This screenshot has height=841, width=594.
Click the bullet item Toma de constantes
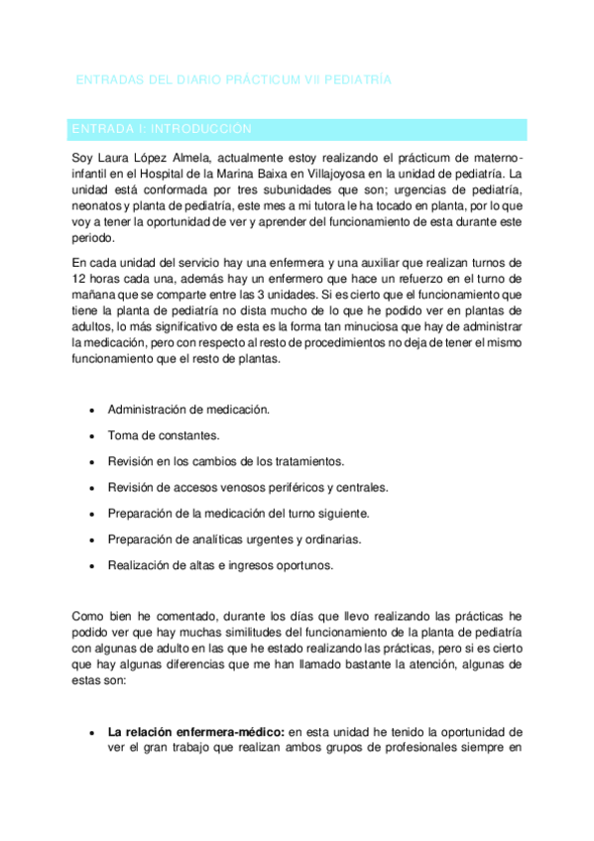pyautogui.click(x=164, y=434)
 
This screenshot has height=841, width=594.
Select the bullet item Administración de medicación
pyautogui.click(x=188, y=409)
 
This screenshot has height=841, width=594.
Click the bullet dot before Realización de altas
pyautogui.click(x=92, y=566)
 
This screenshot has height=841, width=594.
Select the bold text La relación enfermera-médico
pyautogui.click(x=196, y=732)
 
